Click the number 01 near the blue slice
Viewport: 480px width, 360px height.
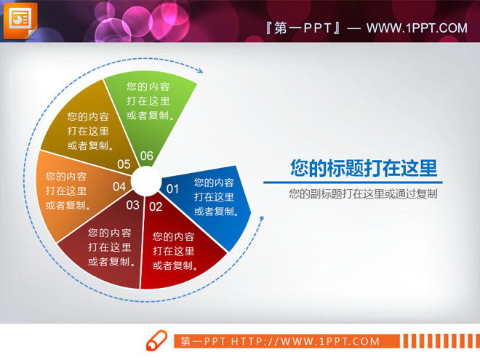coord(173,189)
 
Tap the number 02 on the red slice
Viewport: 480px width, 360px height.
coord(156,207)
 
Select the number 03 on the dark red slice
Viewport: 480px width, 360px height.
coord(132,205)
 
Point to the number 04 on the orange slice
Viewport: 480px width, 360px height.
coord(119,187)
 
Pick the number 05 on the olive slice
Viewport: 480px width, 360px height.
coord(124,164)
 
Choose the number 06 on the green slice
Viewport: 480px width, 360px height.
coord(146,156)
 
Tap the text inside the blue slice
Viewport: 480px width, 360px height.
coord(214,197)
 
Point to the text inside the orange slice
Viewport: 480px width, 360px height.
coord(66,191)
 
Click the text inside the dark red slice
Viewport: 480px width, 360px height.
coord(109,247)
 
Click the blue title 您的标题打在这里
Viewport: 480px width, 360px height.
coord(364,169)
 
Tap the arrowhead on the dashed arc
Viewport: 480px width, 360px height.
coord(201,70)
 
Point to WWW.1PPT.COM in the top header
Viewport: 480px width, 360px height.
coord(416,28)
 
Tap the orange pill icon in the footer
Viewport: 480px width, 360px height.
coord(157,341)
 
